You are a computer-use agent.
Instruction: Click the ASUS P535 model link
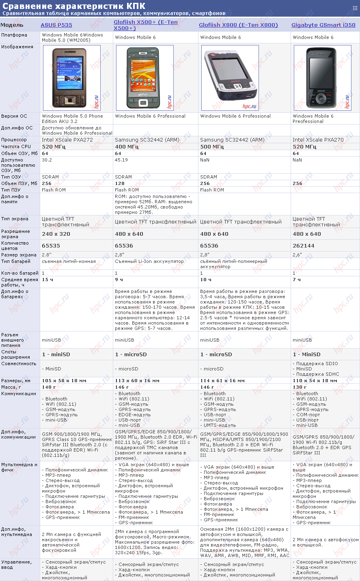pyautogui.click(x=56, y=25)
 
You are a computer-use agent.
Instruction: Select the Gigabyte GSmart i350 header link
pyautogui.click(x=323, y=25)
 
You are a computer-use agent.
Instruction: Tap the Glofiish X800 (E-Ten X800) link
pyautogui.click(x=238, y=25)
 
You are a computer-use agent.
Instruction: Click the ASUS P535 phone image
pyautogui.click(x=72, y=77)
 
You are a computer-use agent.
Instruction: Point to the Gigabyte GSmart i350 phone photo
pyautogui.click(x=322, y=77)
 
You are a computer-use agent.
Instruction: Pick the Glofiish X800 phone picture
pyautogui.click(x=230, y=77)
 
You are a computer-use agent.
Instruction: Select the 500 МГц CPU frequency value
pyautogui.click(x=212, y=146)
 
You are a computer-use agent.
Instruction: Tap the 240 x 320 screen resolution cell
pyautogui.click(x=56, y=234)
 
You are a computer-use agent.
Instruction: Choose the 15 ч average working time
pyautogui.click(x=48, y=280)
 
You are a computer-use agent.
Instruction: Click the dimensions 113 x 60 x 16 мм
pyautogui.click(x=137, y=381)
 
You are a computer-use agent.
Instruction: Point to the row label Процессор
pyautogui.click(x=14, y=140)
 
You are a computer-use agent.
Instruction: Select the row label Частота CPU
pyautogui.click(x=16, y=146)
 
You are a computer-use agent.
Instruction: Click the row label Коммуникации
pyautogui.click(x=19, y=394)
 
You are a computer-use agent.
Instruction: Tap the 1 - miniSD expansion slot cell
pyautogui.click(x=56, y=355)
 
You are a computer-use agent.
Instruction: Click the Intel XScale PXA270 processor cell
pyautogui.click(x=318, y=140)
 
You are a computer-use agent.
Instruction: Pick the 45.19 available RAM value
pyautogui.click(x=121, y=160)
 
